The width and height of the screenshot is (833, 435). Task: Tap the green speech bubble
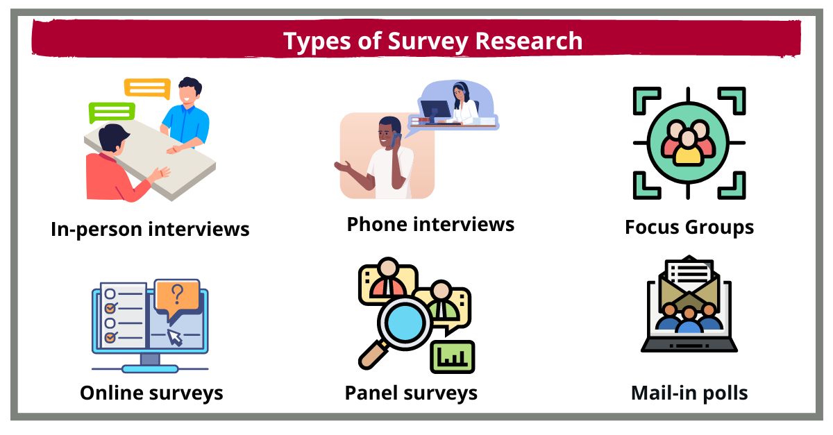coord(112,111)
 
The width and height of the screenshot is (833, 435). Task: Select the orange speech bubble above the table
coord(147,88)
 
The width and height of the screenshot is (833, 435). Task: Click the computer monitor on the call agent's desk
coord(435,110)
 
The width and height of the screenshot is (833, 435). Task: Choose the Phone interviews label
coord(430,224)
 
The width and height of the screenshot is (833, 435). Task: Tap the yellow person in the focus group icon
coord(688,147)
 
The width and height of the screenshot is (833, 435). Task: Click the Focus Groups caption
coord(689,227)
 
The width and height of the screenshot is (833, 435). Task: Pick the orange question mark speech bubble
coord(177,297)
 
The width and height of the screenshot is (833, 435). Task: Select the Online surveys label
coord(151,393)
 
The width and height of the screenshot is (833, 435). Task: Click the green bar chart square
coord(452,356)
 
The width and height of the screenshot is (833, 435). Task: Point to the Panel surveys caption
coord(411,393)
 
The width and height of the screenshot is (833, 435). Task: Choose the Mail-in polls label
coord(689,393)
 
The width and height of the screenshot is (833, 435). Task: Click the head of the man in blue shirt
coord(190,91)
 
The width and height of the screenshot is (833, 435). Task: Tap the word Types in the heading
coord(315,41)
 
